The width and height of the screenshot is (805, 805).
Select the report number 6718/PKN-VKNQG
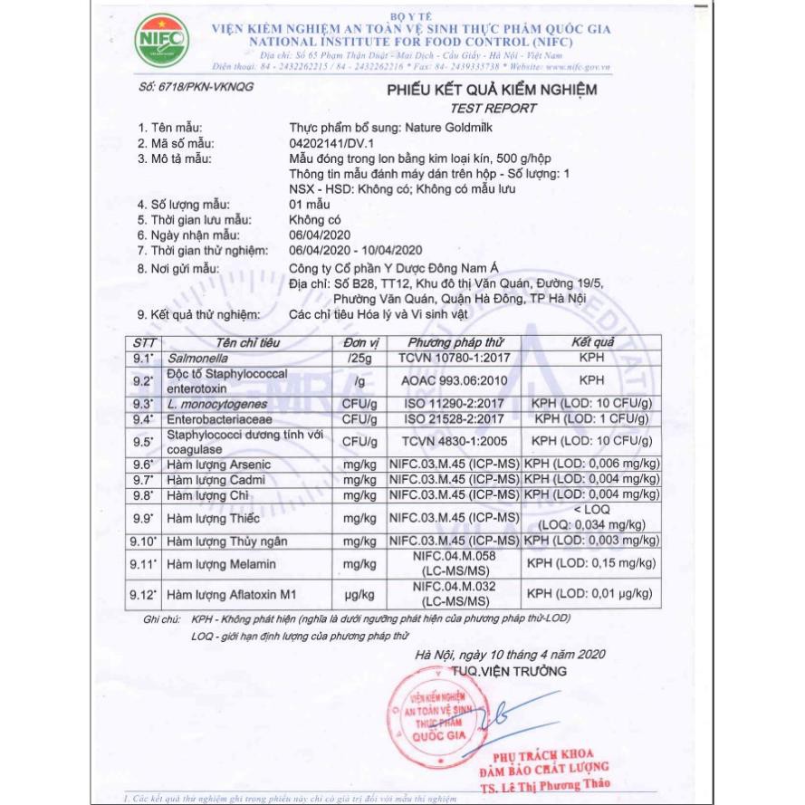[x=197, y=86]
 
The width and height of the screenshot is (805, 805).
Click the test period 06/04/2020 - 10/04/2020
[x=356, y=251]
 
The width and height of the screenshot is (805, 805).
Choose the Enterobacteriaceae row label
[x=216, y=420]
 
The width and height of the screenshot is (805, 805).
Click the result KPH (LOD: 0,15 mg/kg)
[x=591, y=564]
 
